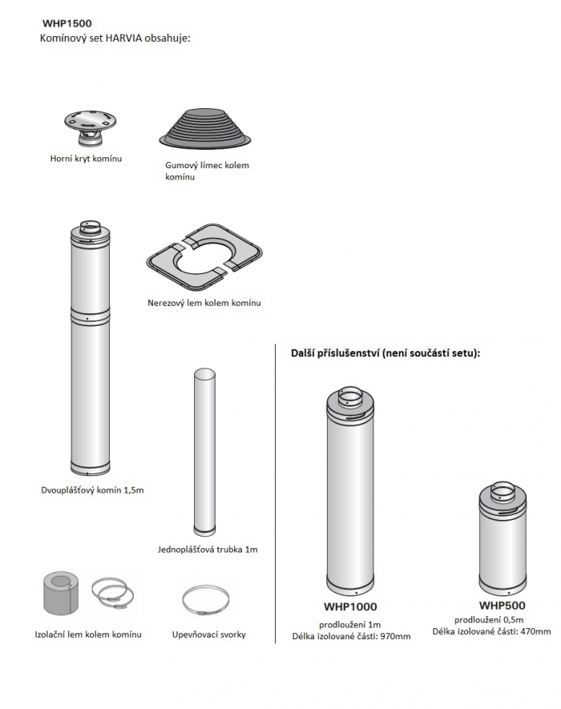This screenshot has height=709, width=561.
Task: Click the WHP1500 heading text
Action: [67, 23]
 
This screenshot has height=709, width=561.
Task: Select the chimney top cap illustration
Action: [90, 128]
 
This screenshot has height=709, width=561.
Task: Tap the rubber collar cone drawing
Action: [205, 128]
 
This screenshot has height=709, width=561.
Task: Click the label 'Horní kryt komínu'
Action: [86, 159]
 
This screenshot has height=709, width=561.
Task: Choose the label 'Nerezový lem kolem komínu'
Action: [204, 303]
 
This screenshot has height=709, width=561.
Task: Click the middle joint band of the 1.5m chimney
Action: [91, 314]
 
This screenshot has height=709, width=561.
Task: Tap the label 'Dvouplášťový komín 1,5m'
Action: [92, 490]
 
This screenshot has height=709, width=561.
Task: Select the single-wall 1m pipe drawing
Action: [204, 452]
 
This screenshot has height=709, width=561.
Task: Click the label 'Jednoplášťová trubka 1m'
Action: [208, 550]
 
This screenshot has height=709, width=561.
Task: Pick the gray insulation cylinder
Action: [61, 593]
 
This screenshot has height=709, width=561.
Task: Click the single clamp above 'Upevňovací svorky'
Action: [206, 601]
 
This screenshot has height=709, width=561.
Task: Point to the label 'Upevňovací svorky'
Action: [209, 634]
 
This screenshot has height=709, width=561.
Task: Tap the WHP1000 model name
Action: [350, 606]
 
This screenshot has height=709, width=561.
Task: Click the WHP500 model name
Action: [502, 606]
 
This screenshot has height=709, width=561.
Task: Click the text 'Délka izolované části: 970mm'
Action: [352, 637]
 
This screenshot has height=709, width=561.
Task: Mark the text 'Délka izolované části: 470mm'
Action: [492, 631]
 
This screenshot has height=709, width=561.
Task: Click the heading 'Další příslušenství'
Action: [335, 353]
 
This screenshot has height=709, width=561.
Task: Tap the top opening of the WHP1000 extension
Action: [350, 397]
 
